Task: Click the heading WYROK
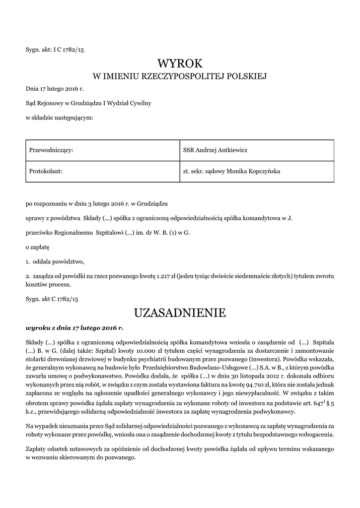[x=180, y=63]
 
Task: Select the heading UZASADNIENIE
[x=180, y=313]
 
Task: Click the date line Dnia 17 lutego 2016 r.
[x=55, y=90]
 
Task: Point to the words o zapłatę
[x=38, y=246]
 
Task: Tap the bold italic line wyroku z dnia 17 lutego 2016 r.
[x=74, y=328]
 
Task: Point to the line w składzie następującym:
[x=59, y=118]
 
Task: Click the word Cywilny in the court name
[x=140, y=104]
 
